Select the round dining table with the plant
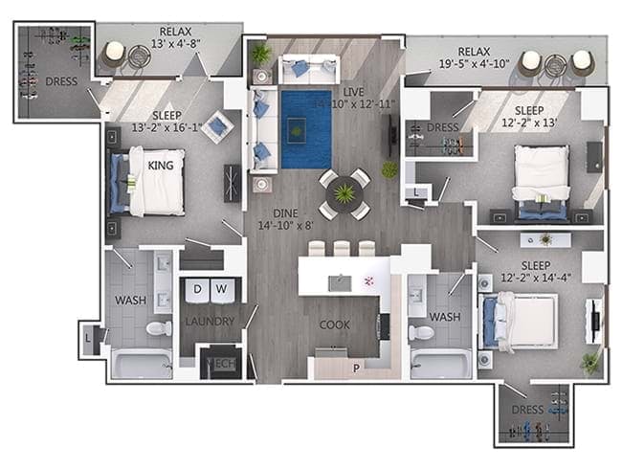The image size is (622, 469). click(343, 193)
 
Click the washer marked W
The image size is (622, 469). click(221, 288)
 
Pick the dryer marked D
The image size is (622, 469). click(199, 288)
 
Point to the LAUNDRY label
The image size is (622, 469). click(209, 322)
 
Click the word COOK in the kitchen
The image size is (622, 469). click(334, 325)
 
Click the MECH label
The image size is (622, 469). click(222, 365)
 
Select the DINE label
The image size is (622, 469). click(283, 213)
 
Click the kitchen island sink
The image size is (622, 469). click(337, 282)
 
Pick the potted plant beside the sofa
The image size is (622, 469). click(260, 54)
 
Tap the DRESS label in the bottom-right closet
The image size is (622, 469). click(527, 410)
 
